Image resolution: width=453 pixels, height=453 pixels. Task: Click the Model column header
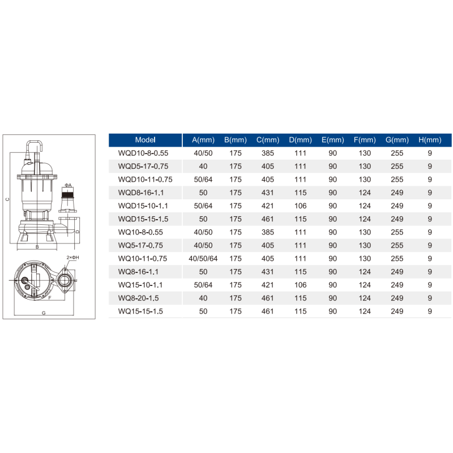pyautogui.click(x=145, y=140)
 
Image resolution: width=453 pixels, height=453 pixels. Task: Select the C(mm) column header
pyautogui.click(x=268, y=140)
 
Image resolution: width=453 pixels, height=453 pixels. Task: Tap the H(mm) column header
pyautogui.click(x=430, y=140)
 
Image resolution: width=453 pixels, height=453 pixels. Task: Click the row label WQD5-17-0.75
pyautogui.click(x=143, y=166)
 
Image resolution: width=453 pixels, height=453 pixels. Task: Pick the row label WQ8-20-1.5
pyautogui.click(x=139, y=298)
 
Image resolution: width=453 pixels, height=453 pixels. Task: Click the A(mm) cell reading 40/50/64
pyautogui.click(x=203, y=259)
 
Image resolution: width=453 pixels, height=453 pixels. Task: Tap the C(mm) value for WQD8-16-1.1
pyautogui.click(x=268, y=193)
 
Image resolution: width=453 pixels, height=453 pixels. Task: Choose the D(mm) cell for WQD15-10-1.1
pyautogui.click(x=300, y=206)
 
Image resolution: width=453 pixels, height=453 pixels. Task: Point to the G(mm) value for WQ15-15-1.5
pyautogui.click(x=397, y=311)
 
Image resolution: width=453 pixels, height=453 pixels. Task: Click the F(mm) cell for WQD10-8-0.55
pyautogui.click(x=365, y=153)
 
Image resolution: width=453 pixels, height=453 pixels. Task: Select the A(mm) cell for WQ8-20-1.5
pyautogui.click(x=203, y=298)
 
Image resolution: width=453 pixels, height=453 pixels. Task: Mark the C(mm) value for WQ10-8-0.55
pyautogui.click(x=268, y=232)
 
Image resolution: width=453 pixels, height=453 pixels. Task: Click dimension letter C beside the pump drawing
pyautogui.click(x=7, y=199)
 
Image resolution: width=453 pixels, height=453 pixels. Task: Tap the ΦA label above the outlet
pyautogui.click(x=67, y=185)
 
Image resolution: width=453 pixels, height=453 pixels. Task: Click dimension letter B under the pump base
pyautogui.click(x=37, y=247)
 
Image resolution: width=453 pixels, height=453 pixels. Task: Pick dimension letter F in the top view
pyautogui.click(x=49, y=297)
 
